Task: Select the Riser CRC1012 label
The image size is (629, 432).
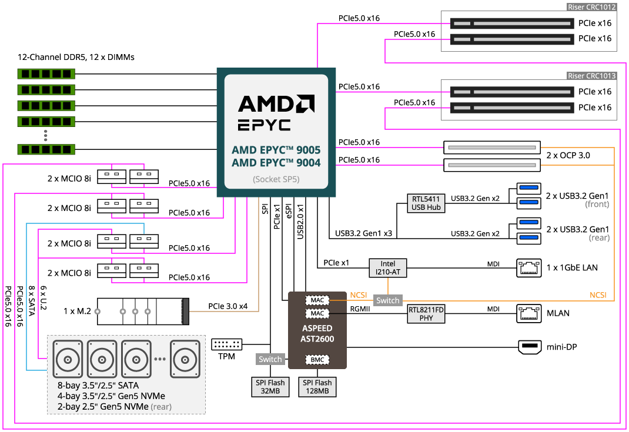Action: pos(591,8)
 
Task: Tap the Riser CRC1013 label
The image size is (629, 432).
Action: pos(591,76)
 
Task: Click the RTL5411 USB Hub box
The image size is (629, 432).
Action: pos(426,203)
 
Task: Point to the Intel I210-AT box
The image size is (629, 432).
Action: pos(387,268)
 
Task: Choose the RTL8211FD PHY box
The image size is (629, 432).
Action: pos(426,313)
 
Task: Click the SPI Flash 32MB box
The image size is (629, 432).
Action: pos(270,387)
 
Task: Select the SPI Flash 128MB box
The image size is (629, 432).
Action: pos(317,387)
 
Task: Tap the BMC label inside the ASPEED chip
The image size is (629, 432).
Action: pos(317,360)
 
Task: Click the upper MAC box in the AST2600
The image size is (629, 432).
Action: pos(317,300)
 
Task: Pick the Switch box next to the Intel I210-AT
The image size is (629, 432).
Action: pos(388,300)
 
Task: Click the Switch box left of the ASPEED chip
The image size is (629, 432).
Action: pos(270,359)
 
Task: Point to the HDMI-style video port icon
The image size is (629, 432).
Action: pos(530,347)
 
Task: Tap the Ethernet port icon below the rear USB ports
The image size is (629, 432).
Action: pos(529,268)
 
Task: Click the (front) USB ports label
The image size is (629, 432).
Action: pos(597,205)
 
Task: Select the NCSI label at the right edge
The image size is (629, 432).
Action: pos(598,295)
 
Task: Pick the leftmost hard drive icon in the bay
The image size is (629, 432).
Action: pos(69,359)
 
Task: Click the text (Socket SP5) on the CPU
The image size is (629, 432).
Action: pos(276,179)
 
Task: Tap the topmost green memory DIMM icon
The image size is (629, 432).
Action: pos(46,74)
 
